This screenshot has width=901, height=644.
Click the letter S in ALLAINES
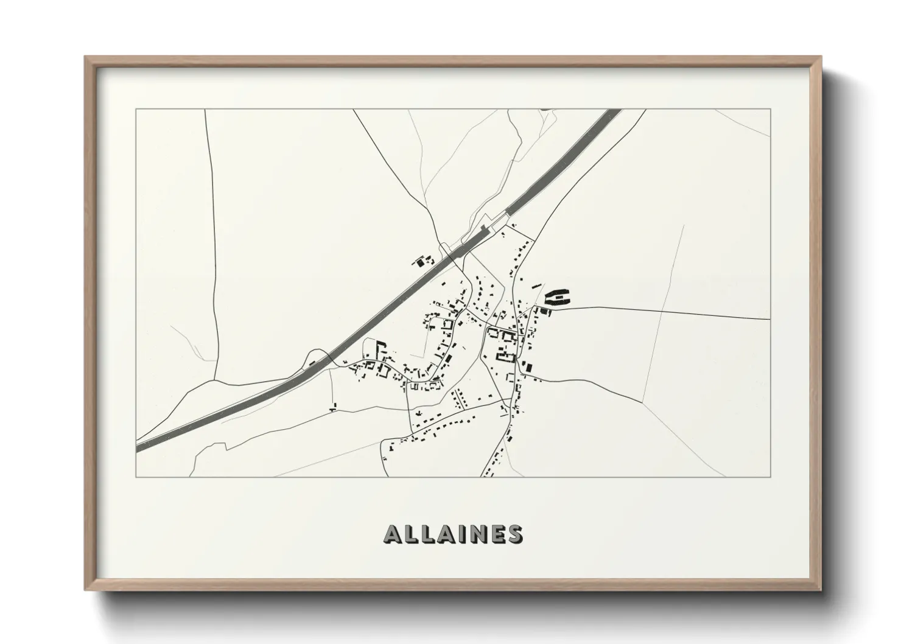(x=515, y=534)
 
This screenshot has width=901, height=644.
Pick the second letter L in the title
(x=426, y=534)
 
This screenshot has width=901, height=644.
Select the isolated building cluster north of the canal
(x=422, y=262)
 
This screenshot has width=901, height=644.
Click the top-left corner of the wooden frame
(x=85, y=57)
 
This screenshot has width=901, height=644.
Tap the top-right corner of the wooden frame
(x=821, y=57)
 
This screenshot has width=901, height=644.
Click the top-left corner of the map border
(x=136, y=110)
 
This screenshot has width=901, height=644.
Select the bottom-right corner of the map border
(x=771, y=477)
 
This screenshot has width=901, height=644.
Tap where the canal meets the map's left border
(x=138, y=447)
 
